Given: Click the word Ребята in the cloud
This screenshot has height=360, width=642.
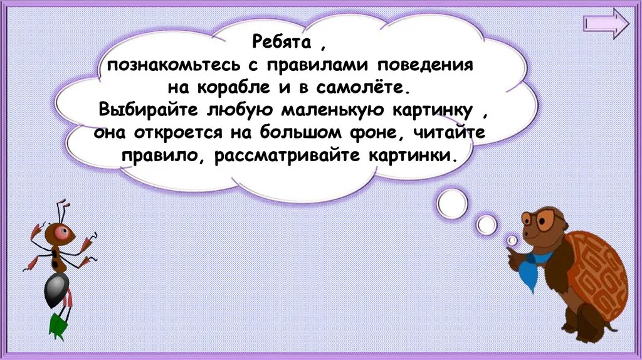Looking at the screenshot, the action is point(282,42).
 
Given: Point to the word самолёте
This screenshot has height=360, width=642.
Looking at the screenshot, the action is point(362,88).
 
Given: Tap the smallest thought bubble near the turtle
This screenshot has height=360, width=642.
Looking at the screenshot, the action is point(512,240).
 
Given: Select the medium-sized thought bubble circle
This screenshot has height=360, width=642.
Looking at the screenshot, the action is point(487,225).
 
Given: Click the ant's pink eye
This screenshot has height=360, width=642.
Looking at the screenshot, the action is point(63,232).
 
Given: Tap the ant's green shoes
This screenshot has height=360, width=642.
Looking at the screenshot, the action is point(56,326).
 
